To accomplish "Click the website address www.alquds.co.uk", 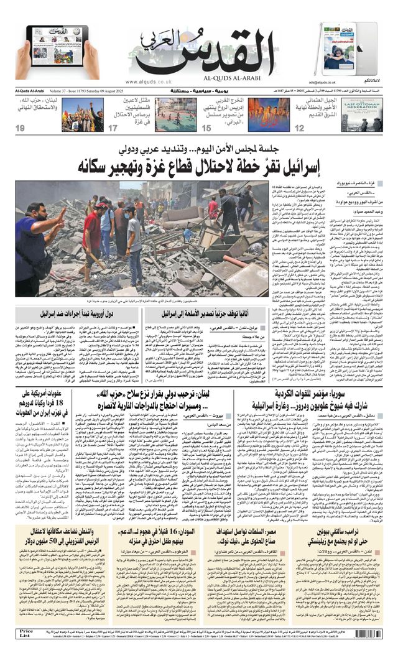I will click(148, 81).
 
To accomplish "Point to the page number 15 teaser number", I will click(206, 128).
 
